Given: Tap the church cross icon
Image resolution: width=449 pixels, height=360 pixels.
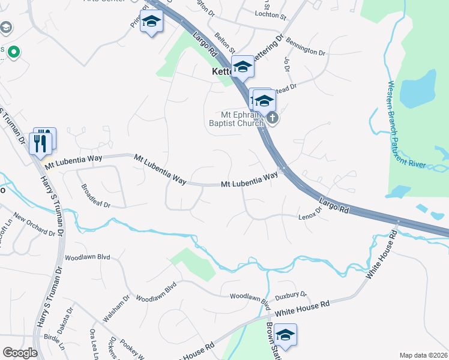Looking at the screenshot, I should pyautogui.click(x=273, y=118).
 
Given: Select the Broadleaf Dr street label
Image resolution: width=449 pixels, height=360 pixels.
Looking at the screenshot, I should pyautogui.click(x=95, y=196).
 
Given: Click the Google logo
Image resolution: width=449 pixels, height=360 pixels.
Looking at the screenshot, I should pyautogui.click(x=20, y=353).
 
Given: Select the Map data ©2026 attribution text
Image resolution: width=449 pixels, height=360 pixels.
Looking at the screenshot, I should pyautogui.click(x=423, y=355).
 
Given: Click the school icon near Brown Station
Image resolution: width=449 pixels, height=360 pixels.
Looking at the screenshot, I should pyautogui.click(x=286, y=335).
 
